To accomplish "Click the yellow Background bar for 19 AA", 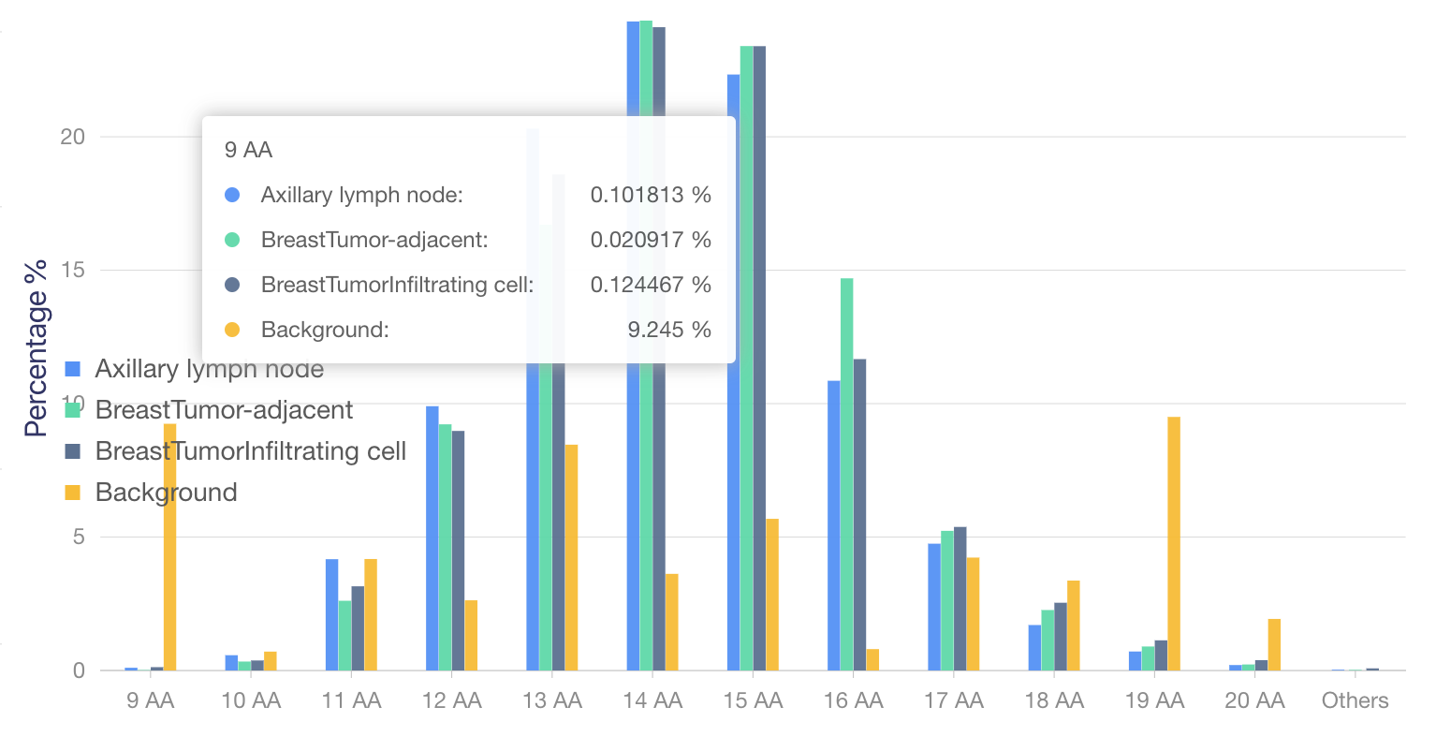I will coord(1174,543).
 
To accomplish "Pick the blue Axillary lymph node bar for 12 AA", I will coord(432,537).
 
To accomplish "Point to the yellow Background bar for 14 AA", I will coord(671,622).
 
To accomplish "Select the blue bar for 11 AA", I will coord(331,614).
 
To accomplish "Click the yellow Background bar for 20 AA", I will coord(1274,644).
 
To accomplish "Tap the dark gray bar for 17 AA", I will coord(960,598).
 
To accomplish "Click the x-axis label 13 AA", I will coord(552,700).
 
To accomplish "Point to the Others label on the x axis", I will coord(1355,700).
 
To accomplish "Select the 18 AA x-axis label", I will coord(1054,700).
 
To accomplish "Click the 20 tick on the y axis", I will coord(72,137).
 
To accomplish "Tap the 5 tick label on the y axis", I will coord(79,537).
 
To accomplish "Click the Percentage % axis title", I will coord(36,348).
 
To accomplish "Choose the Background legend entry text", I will coord(166,493).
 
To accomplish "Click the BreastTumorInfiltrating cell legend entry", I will coord(250,451).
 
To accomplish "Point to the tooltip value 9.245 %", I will coord(668,330).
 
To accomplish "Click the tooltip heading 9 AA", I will coord(248,150).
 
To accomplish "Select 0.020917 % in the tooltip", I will coord(650,240).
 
